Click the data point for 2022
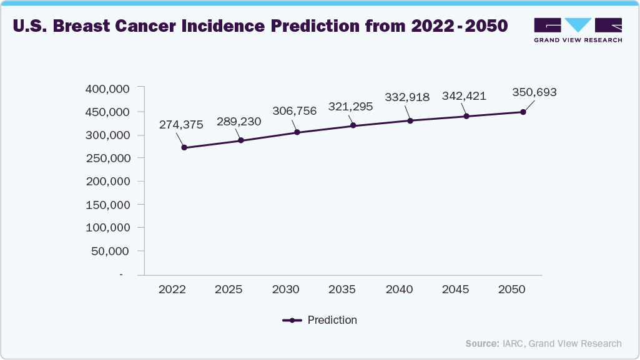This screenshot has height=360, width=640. [184, 148]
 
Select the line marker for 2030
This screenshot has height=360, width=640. [297, 132]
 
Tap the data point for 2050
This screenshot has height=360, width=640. [523, 112]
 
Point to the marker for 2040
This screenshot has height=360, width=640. [410, 120]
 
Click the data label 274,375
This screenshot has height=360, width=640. [181, 125]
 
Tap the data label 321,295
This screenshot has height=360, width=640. [350, 107]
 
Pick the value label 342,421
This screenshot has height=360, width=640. [464, 96]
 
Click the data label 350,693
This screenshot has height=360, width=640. [534, 92]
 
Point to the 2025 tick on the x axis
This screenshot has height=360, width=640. [229, 290]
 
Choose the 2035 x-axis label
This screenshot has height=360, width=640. [342, 290]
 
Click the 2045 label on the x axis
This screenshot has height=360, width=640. [455, 290]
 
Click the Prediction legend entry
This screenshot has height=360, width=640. [320, 320]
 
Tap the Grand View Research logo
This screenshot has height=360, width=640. [578, 30]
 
